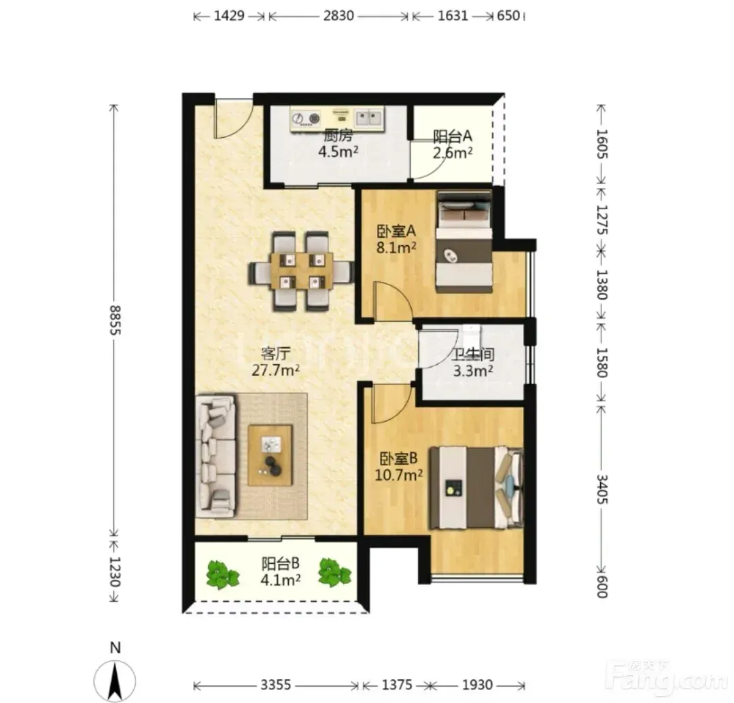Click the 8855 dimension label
pos(115,320)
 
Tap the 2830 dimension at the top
pos(338,16)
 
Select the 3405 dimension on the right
pos(602,489)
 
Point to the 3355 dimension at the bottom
pos(276,685)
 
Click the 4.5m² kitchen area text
pos(338,151)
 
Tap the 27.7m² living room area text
pos(276,370)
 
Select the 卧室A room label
pos(396,231)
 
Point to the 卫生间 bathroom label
pos(473,354)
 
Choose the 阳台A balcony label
pos(452,137)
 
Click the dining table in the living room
pos(302,271)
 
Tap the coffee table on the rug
pos(270,455)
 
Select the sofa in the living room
pos(216,456)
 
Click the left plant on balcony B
pos(222,575)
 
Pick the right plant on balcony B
pos(334,572)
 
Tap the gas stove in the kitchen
pos(306,119)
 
